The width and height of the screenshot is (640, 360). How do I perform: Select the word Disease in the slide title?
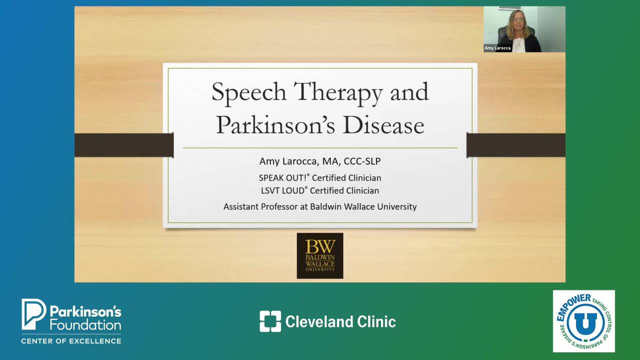pos(383,125)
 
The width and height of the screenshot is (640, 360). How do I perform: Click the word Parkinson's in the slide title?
pos(275,125)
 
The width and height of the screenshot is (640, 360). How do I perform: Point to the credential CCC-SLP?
pos(362,161)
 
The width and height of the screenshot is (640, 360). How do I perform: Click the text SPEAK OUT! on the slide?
pos(282,178)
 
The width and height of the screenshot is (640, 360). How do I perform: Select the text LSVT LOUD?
pos(282,190)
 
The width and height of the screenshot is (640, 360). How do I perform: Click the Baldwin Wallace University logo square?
pos(320,255)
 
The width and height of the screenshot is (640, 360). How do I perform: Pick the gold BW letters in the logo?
pos(320,246)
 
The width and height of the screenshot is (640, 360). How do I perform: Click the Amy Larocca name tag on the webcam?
pos(497,48)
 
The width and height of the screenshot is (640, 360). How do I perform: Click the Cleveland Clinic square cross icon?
pos(270,321)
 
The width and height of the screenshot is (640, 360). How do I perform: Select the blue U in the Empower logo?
pos(585,321)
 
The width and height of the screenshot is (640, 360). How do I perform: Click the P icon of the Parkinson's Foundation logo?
pos(33,314)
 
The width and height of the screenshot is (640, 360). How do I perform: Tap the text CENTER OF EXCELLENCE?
pos(71,341)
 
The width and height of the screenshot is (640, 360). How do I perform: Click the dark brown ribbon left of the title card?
pos(124,145)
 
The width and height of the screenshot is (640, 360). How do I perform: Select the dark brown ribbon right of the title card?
pos(516,145)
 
